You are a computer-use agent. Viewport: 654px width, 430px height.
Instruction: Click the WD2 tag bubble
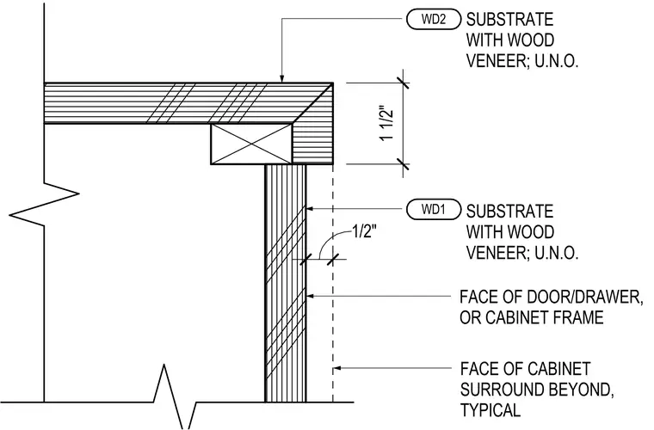[434, 20]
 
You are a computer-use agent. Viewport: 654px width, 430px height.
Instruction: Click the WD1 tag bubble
[434, 209]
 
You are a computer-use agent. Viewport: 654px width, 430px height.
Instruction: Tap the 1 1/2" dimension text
[386, 125]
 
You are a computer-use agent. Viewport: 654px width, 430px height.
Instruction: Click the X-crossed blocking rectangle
[251, 144]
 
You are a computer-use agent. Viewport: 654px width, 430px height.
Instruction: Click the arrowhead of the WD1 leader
[311, 209]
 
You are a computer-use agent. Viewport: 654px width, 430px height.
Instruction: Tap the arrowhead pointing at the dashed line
[337, 368]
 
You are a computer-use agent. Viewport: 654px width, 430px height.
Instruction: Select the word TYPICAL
[490, 410]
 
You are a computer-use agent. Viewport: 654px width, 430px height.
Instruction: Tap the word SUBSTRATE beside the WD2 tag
[509, 20]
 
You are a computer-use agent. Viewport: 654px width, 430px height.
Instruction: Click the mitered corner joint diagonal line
[312, 103]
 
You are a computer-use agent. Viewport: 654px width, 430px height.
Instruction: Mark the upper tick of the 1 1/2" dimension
[403, 83]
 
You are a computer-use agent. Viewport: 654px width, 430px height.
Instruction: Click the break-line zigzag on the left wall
[44, 204]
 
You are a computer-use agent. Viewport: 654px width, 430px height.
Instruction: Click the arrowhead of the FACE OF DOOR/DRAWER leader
[311, 296]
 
